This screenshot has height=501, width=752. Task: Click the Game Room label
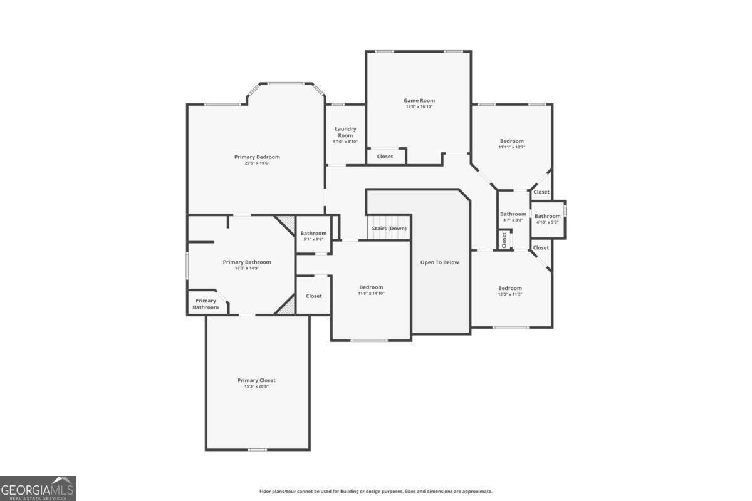[419, 100]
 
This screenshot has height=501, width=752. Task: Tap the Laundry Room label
[345, 132]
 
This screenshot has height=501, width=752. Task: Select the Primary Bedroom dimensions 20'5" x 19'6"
[257, 163]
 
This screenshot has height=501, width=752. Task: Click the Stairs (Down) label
[389, 228]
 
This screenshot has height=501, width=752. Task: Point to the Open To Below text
[439, 262]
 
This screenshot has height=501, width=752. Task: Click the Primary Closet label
[256, 380]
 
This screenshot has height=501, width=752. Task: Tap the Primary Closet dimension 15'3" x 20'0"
[256, 386]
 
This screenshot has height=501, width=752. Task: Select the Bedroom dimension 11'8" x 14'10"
[371, 293]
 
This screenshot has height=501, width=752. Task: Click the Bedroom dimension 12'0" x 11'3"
[510, 294]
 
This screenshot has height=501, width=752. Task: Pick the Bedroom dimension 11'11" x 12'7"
[512, 147]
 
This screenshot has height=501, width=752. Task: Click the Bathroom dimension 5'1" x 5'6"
[313, 239]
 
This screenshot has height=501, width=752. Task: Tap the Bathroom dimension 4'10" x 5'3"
[548, 222]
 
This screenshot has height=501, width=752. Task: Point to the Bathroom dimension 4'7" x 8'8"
[513, 220]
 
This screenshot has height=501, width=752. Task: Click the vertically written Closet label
[504, 240]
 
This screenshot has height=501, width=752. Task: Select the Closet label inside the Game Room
[385, 157]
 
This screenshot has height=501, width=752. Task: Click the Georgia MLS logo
[38, 488]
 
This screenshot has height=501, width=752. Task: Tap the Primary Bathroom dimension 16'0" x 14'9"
[247, 268]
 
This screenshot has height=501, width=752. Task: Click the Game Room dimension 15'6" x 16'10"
[419, 106]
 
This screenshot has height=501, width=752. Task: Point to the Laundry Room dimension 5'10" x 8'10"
[345, 142]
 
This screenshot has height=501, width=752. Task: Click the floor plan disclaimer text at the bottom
[376, 491]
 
